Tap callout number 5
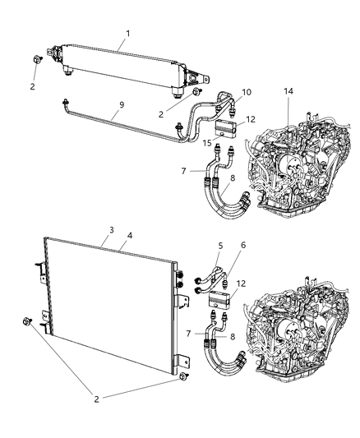(219, 245)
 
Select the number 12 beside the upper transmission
(252, 119)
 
